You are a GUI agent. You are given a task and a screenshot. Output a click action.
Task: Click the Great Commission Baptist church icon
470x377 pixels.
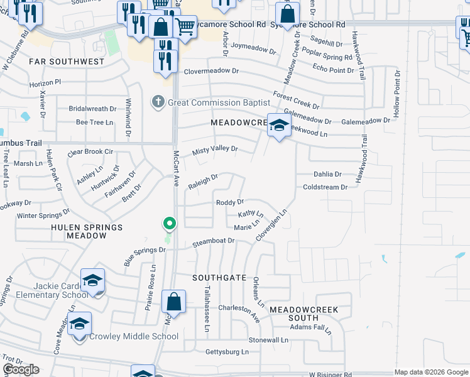click(158, 102)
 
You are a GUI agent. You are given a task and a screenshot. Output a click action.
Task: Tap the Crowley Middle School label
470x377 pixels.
click(134, 336)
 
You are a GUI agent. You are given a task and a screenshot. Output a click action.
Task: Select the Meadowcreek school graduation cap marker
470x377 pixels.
click(278, 125)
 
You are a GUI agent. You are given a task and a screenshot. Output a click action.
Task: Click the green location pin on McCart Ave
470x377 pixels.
click(168, 223)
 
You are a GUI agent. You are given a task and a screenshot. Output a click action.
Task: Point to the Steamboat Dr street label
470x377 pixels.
click(214, 242)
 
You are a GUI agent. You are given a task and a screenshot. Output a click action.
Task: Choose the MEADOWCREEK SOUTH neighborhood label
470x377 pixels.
click(304, 314)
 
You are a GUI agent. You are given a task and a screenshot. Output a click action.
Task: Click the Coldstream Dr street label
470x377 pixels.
click(325, 187)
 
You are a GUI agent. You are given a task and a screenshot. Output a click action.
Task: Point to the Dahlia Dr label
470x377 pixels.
click(327, 174)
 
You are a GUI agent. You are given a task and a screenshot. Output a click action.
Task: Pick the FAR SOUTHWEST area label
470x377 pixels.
click(66, 62)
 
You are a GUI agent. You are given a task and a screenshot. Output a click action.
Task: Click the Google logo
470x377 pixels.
click(21, 369)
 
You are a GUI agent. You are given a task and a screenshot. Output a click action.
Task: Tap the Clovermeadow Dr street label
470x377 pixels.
click(210, 72)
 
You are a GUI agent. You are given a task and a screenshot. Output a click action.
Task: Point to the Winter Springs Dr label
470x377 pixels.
click(43, 216)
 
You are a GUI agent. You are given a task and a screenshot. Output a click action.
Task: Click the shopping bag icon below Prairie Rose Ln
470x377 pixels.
click(173, 302)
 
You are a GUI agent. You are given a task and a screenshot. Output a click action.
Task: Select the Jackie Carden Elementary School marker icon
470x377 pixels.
click(92, 280)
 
